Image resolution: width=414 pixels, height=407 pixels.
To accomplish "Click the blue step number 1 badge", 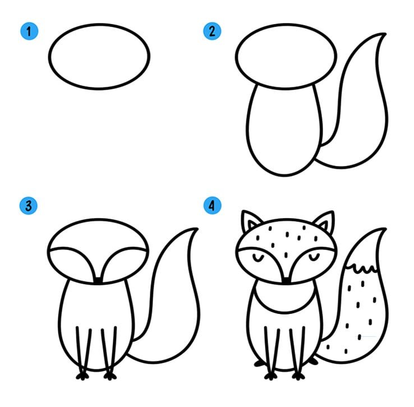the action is (x=29, y=31).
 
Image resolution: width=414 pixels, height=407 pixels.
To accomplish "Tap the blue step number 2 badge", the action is (x=212, y=31).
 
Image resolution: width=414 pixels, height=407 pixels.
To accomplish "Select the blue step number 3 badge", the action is (x=29, y=206).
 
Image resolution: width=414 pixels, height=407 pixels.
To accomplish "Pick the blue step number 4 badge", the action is (x=212, y=206).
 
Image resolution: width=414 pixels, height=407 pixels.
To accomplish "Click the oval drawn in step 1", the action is (x=99, y=24).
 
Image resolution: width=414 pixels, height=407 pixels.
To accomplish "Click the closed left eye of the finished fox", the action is (x=258, y=257).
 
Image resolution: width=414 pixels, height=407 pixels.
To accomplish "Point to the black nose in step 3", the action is (x=98, y=281).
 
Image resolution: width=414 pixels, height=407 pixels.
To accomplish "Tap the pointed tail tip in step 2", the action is (x=385, y=34).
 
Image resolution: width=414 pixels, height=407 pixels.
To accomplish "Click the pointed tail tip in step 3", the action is (x=197, y=229).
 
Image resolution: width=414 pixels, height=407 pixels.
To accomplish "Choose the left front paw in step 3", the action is (x=82, y=376).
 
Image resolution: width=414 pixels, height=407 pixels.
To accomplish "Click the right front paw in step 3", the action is (x=110, y=376).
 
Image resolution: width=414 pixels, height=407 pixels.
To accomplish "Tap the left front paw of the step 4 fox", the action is (x=270, y=376).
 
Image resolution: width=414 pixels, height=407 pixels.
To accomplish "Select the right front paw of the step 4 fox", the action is (x=298, y=376).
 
